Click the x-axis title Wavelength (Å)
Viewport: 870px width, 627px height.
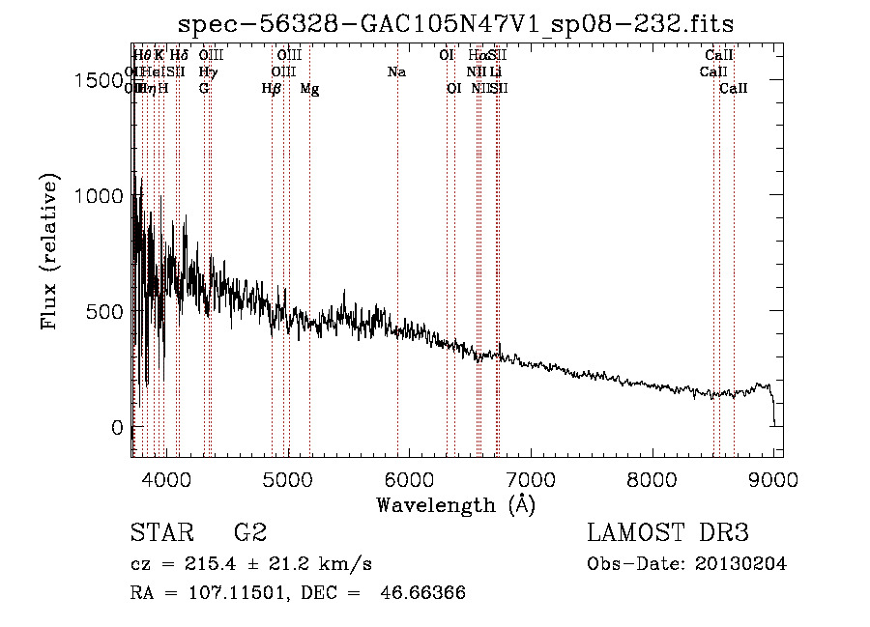455,504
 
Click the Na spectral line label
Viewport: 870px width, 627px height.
396,72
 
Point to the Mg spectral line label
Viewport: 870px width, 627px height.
309,89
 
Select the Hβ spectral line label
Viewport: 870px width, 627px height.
272,89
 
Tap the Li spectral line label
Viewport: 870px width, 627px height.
495,72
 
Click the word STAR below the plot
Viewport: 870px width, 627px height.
161,533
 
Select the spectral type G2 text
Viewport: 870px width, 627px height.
250,533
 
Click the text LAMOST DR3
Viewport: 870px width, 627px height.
667,533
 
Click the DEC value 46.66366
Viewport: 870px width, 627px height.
421,593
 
